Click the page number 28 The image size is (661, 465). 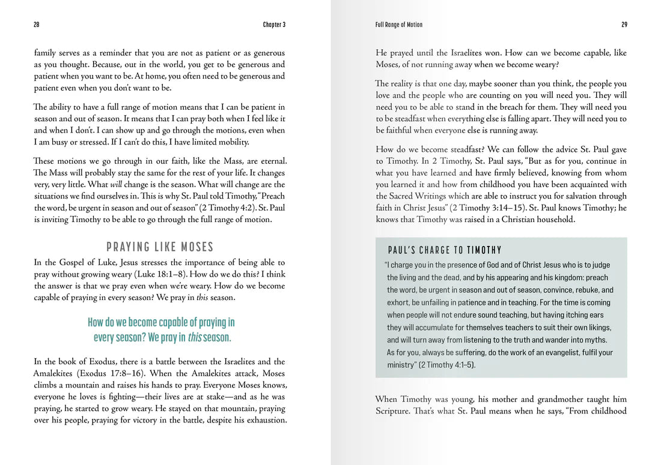click(36, 25)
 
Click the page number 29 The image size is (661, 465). click(624, 25)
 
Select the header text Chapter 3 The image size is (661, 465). click(274, 25)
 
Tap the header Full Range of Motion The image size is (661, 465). click(398, 25)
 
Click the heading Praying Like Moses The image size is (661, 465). click(160, 247)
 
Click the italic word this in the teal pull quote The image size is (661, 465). click(195, 337)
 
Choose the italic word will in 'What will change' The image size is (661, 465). click(116, 185)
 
